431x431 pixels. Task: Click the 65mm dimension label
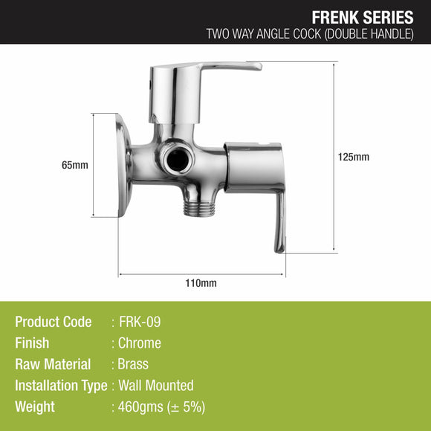(x=76, y=165)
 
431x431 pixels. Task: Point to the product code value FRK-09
(x=139, y=322)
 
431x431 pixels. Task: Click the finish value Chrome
(x=140, y=343)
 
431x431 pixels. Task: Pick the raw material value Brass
(x=134, y=364)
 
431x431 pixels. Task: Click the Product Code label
(x=54, y=322)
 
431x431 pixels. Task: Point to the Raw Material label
(x=53, y=364)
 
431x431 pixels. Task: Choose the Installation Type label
(x=60, y=386)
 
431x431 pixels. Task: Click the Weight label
(x=35, y=407)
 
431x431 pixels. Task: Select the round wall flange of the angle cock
(x=123, y=165)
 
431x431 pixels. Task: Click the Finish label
(x=32, y=343)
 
